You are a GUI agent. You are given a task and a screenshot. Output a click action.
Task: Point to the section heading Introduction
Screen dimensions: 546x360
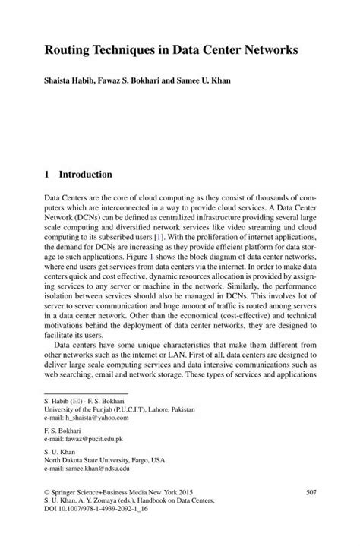point(86,174)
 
